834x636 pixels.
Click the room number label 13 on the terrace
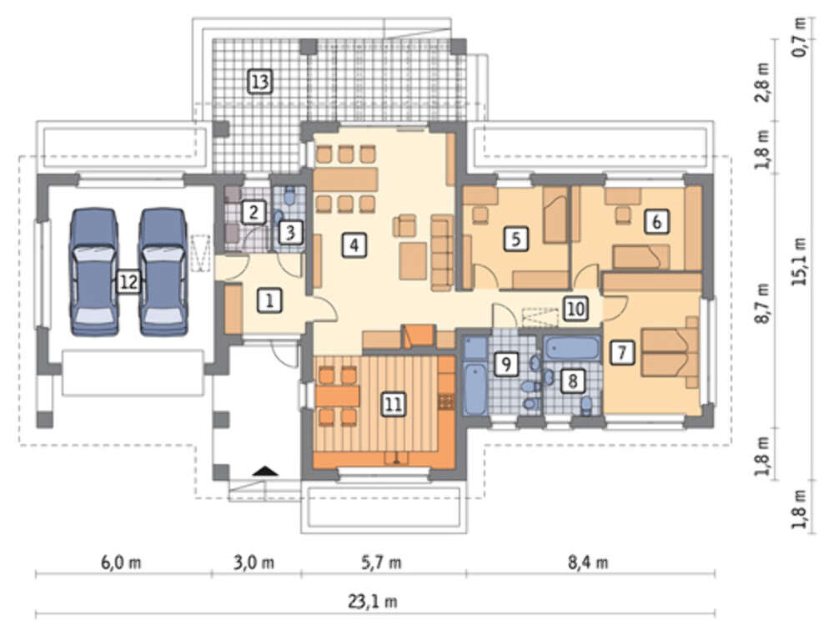coord(260,82)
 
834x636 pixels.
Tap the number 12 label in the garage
coord(128,281)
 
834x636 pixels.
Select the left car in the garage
coord(94,272)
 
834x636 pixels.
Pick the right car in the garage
coord(163,272)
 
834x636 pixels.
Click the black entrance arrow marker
coord(265,471)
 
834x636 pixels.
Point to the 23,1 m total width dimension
coord(373,602)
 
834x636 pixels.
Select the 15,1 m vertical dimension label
coord(800,261)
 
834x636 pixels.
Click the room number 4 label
coord(354,245)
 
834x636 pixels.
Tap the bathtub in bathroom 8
coord(572,349)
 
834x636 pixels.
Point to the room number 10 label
coord(575,309)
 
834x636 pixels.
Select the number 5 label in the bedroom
coord(516,239)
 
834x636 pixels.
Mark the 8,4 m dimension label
coord(588,563)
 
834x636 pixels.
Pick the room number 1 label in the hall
coord(269,301)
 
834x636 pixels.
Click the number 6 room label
coord(656,221)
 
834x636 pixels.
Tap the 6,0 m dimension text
coord(121,563)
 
